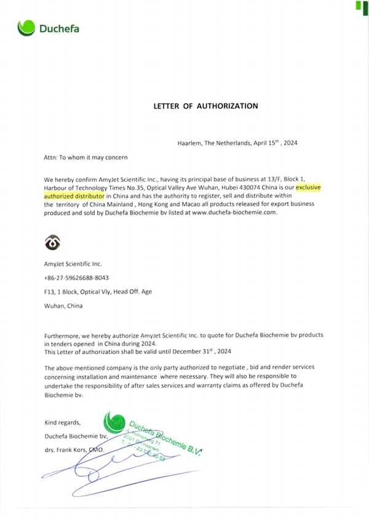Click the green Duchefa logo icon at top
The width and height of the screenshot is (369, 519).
(x=26, y=28)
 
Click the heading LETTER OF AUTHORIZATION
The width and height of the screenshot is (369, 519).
(x=205, y=106)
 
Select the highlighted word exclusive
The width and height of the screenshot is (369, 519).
(x=311, y=185)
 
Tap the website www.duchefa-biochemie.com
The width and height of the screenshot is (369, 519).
(x=235, y=212)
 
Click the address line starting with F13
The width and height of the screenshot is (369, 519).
(x=98, y=291)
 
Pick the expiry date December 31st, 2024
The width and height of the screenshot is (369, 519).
(x=200, y=352)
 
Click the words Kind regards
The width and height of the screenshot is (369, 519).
(x=63, y=422)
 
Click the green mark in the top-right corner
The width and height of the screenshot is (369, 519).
(x=358, y=6)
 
